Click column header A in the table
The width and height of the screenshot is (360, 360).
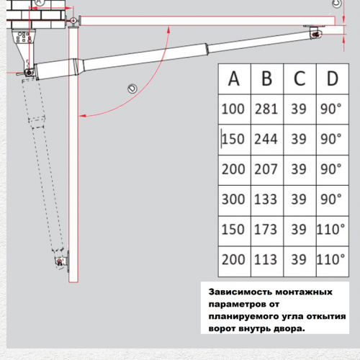[x=234, y=78]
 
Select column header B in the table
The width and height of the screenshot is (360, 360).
[x=267, y=78]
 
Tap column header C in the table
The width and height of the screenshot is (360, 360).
[x=300, y=78]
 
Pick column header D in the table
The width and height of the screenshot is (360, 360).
[x=333, y=78]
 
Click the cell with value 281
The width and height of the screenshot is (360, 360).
[x=266, y=109]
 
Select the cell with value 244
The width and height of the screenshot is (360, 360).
[x=266, y=139]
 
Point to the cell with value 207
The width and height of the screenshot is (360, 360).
[x=266, y=169]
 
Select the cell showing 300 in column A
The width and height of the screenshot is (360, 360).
[x=233, y=199]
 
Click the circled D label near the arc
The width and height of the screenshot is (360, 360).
[x=132, y=89]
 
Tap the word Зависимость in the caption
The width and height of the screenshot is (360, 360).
[x=240, y=292]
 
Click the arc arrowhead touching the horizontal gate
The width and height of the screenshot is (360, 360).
[x=168, y=30]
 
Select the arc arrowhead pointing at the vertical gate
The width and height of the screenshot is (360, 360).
[x=83, y=116]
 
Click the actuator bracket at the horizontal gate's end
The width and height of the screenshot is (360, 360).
[x=315, y=32]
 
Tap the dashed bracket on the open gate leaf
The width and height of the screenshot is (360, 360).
[x=61, y=261]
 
